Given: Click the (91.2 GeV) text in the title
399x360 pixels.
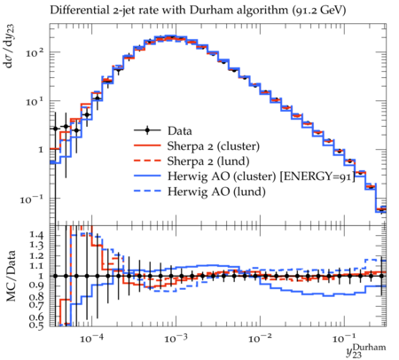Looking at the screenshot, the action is pos(318,11).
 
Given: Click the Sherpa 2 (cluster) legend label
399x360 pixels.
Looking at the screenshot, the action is pos(214,146).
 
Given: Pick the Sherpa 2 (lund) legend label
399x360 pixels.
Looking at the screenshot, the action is pos(208,161).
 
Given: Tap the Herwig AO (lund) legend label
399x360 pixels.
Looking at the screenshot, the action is pos(216,192).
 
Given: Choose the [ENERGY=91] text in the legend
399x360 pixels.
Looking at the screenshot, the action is pos(317,176).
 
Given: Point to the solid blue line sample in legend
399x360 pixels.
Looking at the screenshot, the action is pos(147,176).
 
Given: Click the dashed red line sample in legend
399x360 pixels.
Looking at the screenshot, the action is pos(147,160).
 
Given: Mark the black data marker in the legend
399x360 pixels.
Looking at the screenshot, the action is pos(147,130).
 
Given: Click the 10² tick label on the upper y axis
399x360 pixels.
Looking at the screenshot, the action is pos(35,53).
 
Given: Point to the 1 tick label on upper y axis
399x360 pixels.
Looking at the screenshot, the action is pos(41,150).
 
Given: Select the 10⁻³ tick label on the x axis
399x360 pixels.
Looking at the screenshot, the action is pos(176,338).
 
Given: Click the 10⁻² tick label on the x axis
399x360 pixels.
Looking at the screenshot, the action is pos(260,338).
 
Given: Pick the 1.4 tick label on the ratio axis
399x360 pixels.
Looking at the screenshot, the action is pos(36,235).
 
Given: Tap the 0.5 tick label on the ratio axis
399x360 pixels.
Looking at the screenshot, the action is pos(36,325).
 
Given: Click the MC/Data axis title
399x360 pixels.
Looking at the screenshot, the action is pos(11,276).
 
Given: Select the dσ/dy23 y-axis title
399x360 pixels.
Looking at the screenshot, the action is pos(10,46).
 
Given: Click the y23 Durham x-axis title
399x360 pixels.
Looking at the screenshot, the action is pos(366,350).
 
